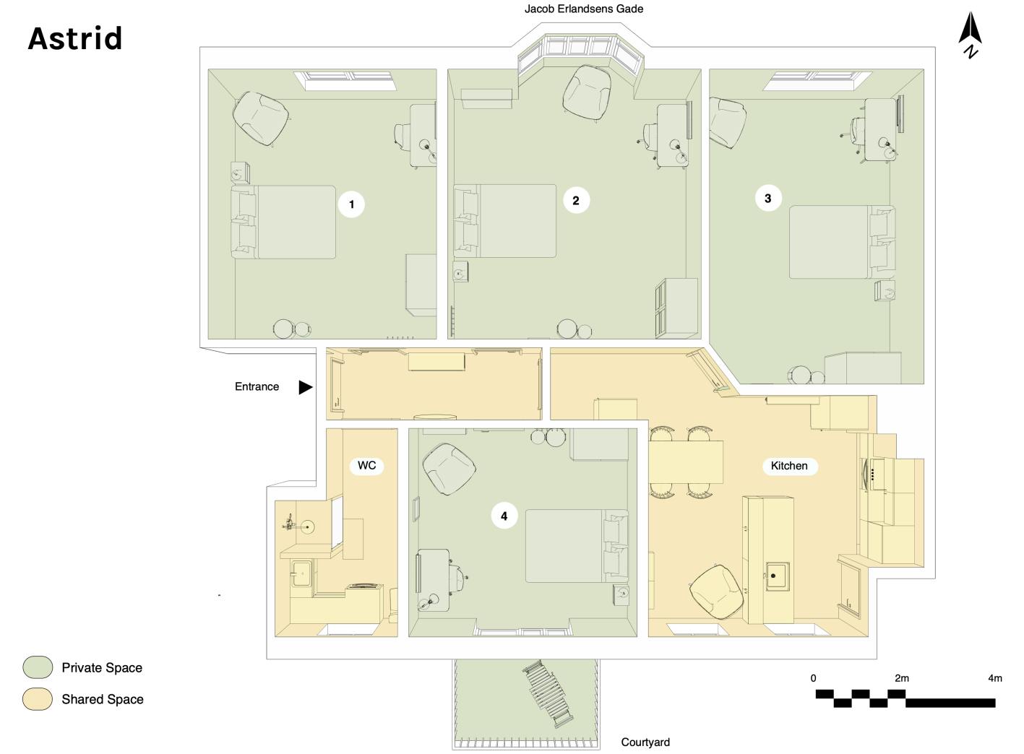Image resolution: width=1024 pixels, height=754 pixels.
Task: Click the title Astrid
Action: pyautogui.click(x=75, y=38)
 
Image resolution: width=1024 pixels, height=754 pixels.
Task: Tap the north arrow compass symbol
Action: pyautogui.click(x=969, y=35)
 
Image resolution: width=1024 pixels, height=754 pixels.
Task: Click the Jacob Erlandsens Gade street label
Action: pyautogui.click(x=583, y=9)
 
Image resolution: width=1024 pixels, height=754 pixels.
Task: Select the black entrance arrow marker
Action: pyautogui.click(x=306, y=387)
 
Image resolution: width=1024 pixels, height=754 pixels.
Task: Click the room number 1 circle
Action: pyautogui.click(x=351, y=204)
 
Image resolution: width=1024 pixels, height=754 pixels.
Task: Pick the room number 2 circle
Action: pyautogui.click(x=575, y=200)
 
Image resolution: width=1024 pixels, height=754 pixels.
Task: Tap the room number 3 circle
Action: pyautogui.click(x=767, y=198)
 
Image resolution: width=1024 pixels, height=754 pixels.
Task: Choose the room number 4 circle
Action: pyautogui.click(x=504, y=516)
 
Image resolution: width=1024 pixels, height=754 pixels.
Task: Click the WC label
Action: pyautogui.click(x=366, y=466)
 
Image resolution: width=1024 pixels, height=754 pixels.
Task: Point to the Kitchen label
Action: pyautogui.click(x=789, y=466)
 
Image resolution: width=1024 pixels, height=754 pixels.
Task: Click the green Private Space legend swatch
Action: pyautogui.click(x=38, y=667)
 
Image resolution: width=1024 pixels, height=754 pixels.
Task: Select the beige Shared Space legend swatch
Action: pyautogui.click(x=38, y=699)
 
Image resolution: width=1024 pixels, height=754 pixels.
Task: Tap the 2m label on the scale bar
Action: pyautogui.click(x=901, y=678)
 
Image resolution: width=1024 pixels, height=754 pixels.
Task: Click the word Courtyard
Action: pyautogui.click(x=645, y=742)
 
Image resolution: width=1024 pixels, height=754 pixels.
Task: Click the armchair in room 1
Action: pyautogui.click(x=261, y=117)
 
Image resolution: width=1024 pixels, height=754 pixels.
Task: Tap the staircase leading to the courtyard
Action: pyautogui.click(x=548, y=693)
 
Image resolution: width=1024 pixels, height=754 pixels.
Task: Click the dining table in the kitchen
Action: pyautogui.click(x=686, y=462)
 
